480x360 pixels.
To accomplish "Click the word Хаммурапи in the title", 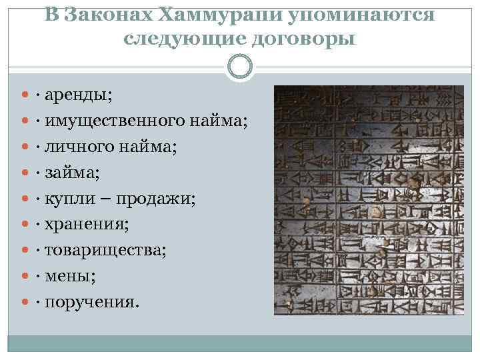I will [214, 15].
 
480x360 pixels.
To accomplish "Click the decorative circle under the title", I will [240, 66].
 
